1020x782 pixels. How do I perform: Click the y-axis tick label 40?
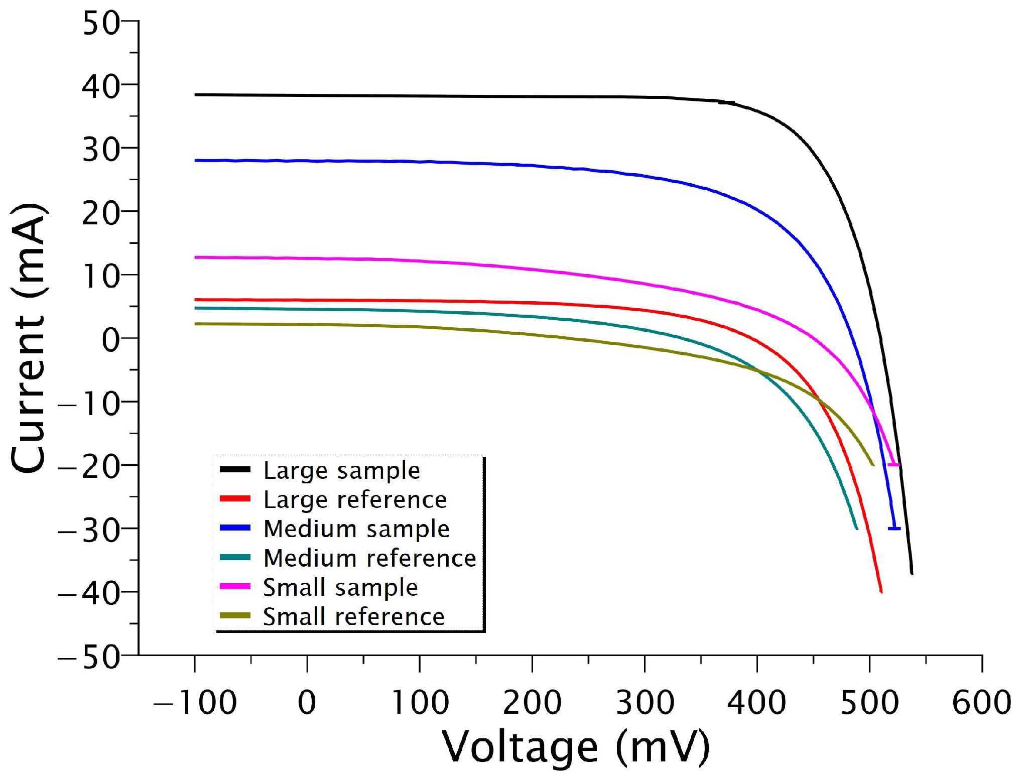(x=101, y=86)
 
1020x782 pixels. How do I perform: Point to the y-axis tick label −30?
(x=89, y=531)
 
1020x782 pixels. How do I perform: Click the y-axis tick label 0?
(x=111, y=340)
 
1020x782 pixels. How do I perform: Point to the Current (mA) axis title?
(x=29, y=337)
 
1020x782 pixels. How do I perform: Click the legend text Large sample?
(x=341, y=470)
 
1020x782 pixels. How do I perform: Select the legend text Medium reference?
(x=369, y=558)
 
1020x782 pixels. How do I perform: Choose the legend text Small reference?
(x=353, y=616)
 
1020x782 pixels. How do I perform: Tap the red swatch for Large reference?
(x=235, y=498)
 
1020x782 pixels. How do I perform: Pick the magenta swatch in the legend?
(x=235, y=586)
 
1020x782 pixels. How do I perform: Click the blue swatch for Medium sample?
(x=235, y=528)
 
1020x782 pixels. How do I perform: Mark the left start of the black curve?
(x=196, y=94)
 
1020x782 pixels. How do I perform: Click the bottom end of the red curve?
(x=881, y=592)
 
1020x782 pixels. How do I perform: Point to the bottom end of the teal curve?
(x=856, y=529)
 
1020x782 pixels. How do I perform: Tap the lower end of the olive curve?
(x=873, y=465)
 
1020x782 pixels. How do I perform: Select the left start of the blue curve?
(x=196, y=160)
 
